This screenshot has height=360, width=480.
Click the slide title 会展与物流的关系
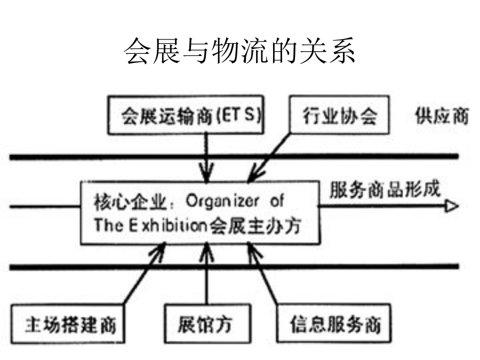[x=239, y=51]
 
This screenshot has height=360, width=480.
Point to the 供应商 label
[x=442, y=116]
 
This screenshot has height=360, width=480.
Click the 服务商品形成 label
[x=385, y=189]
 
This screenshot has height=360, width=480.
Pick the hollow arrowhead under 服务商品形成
[x=452, y=206]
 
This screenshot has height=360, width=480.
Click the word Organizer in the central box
[x=222, y=202]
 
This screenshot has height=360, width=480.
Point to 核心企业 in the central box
[x=131, y=203]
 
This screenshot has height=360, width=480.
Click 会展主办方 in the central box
[x=255, y=226]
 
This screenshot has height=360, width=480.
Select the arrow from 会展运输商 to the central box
[x=207, y=158]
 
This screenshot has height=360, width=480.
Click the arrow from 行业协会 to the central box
[x=269, y=158]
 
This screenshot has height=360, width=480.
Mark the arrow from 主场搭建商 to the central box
[x=145, y=274]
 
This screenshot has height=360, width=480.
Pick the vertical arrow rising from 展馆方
[x=207, y=274]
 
